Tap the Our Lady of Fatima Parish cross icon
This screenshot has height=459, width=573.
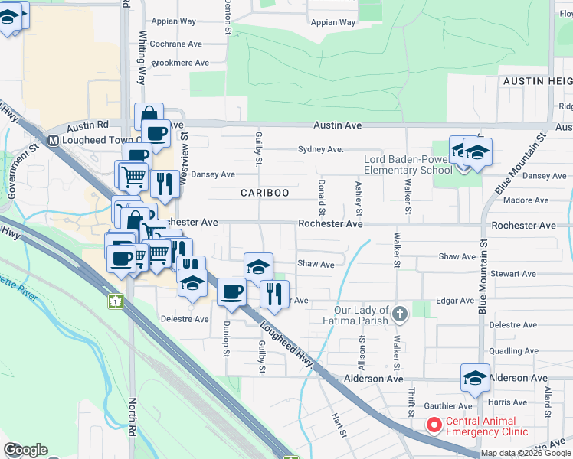click(x=399, y=313)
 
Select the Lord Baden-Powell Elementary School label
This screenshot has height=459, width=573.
click(x=408, y=164)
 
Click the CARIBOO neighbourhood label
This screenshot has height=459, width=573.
click(x=265, y=193)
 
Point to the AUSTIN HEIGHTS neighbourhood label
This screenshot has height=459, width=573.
click(x=537, y=80)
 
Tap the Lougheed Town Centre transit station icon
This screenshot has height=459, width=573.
click(x=53, y=141)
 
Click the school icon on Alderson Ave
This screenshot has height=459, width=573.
click(x=475, y=379)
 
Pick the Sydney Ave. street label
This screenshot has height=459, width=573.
click(x=319, y=150)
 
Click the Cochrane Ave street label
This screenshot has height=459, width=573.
click(x=180, y=44)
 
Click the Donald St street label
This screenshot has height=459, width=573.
click(x=321, y=198)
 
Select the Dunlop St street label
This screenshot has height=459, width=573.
click(x=227, y=337)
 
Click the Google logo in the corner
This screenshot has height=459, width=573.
click(x=25, y=450)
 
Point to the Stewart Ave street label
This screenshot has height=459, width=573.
click(x=515, y=273)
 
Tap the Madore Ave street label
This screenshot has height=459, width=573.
click(x=526, y=200)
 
